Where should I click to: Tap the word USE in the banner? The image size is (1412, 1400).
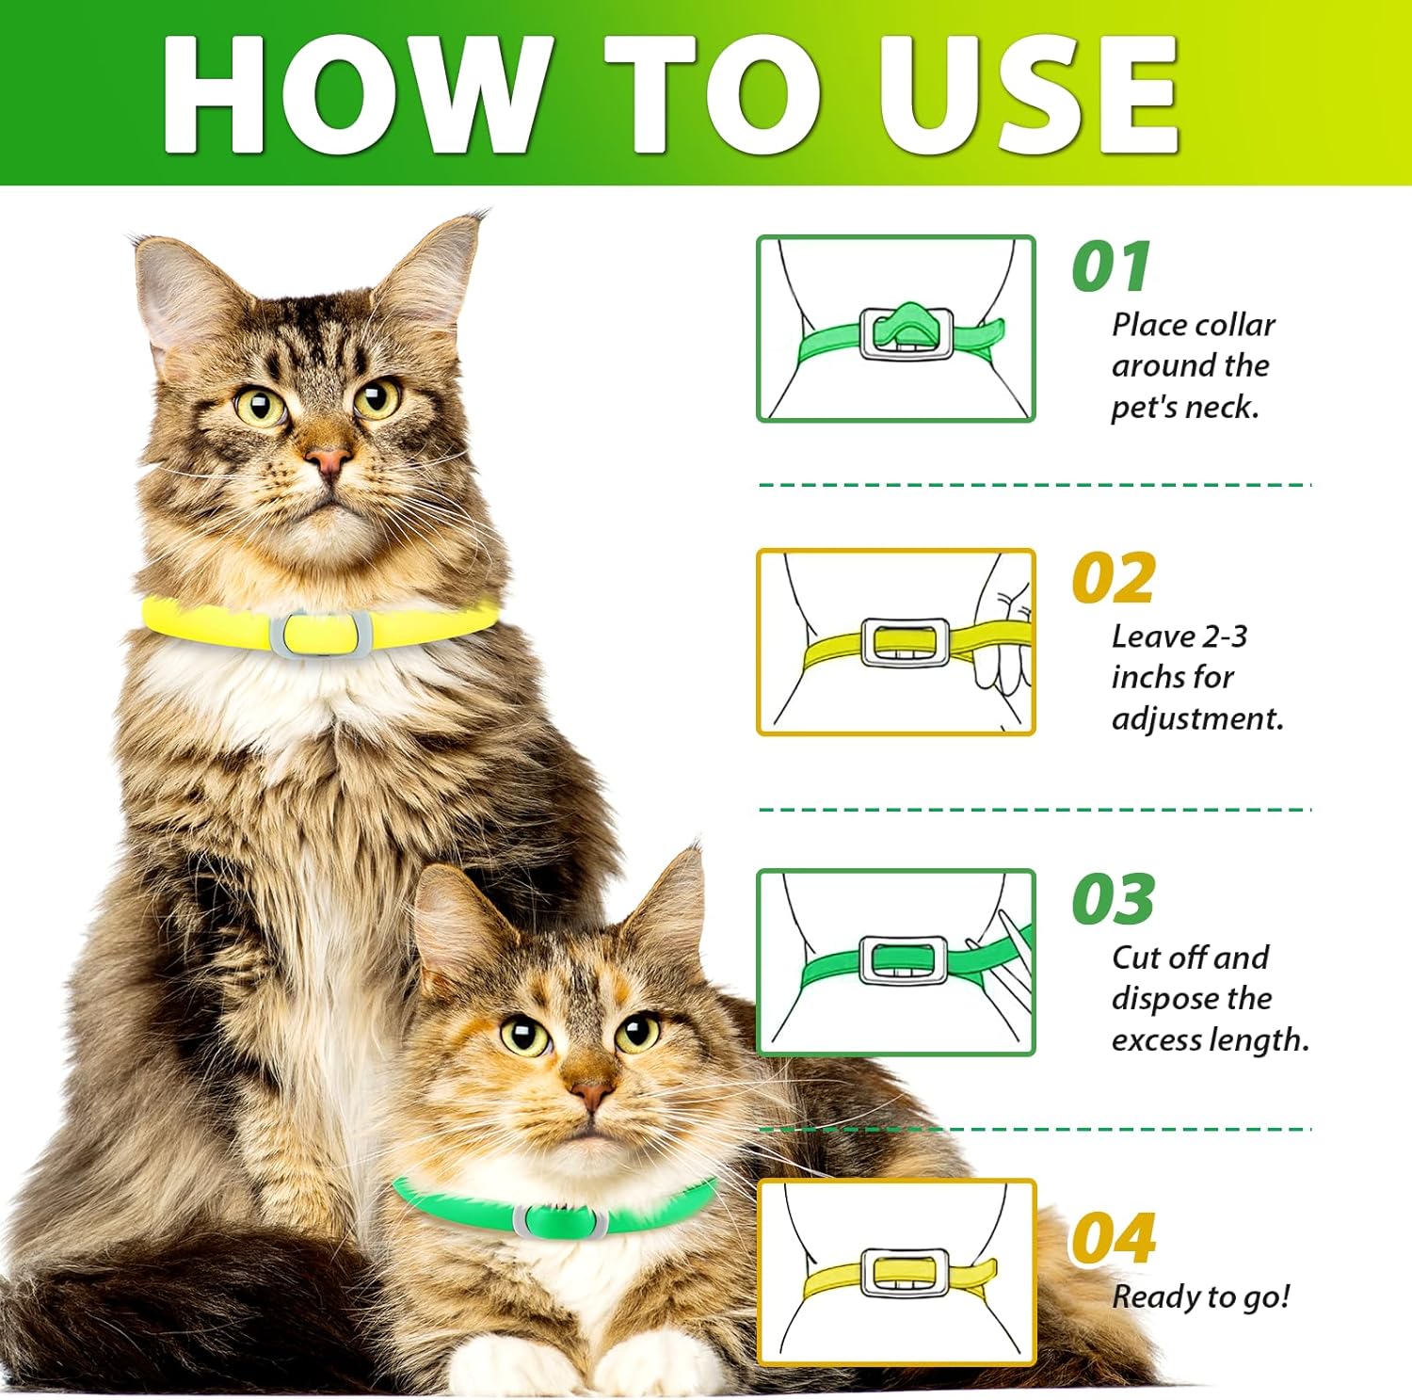point(1028,94)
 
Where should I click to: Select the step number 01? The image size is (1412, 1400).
point(1112,266)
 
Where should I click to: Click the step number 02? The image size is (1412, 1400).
point(1114,578)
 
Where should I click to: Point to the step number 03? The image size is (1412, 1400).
point(1114,899)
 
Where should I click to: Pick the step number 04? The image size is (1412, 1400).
point(1114,1238)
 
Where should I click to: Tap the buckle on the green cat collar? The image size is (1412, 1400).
point(559,1221)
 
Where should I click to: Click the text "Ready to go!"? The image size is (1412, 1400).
point(1201,1297)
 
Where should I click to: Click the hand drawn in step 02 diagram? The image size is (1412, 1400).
point(1003,625)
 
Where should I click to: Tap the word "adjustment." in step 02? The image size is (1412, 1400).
point(1197,719)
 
